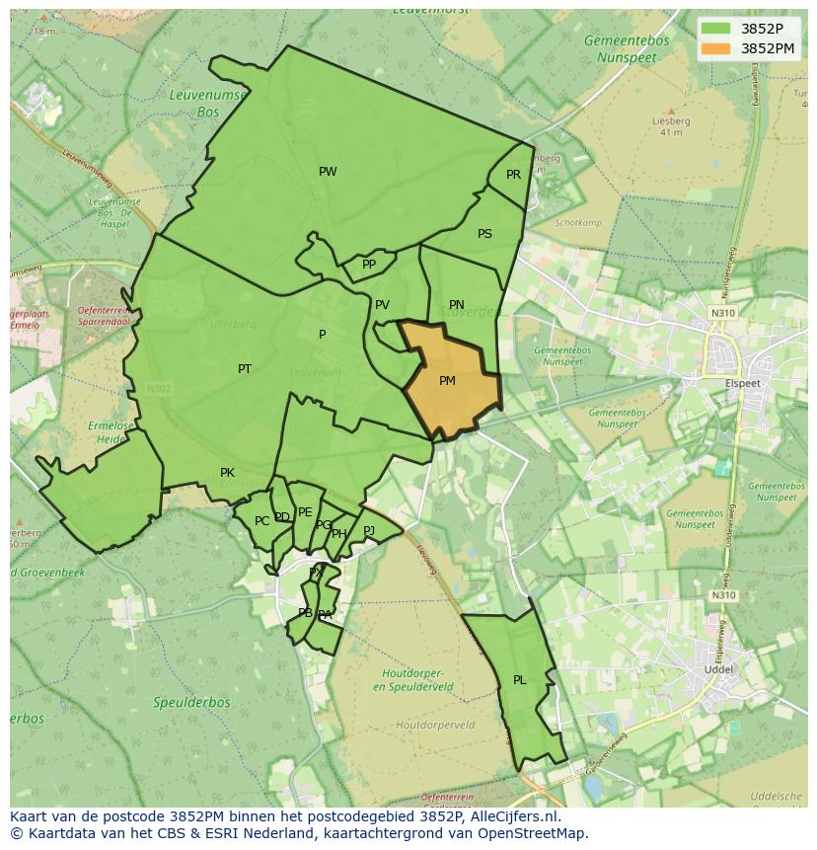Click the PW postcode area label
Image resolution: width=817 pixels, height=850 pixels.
point(328,172)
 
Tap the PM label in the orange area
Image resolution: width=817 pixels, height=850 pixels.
point(447,381)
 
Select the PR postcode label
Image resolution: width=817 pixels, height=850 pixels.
point(513,175)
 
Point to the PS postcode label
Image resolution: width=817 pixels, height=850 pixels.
point(484,234)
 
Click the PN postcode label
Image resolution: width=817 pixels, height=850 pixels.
point(456,305)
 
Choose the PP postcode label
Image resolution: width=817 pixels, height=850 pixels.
point(369,265)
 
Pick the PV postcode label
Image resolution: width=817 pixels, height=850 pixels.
point(382,305)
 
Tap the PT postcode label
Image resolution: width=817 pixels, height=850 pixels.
point(245,369)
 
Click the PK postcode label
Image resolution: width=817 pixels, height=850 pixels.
point(227,473)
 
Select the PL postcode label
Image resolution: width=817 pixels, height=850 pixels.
point(519,680)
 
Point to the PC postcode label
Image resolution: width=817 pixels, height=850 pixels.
point(261,521)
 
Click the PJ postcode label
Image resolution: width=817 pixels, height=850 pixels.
point(369,530)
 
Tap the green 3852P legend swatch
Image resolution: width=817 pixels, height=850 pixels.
point(716,29)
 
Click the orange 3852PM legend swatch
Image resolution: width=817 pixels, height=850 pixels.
point(716,47)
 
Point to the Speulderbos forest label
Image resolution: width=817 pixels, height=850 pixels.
point(191,703)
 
